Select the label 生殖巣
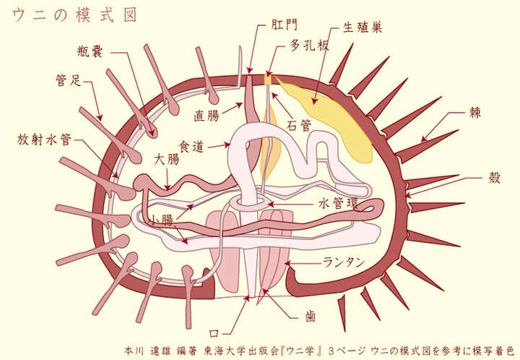pyautogui.click(x=362, y=27)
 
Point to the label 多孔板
pyautogui.click(x=310, y=46)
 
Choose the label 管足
pyautogui.click(x=71, y=80)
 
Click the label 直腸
pyautogui.click(x=207, y=115)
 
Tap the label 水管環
pyautogui.click(x=337, y=204)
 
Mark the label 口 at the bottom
pyautogui.click(x=213, y=333)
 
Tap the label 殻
pyautogui.click(x=494, y=179)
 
